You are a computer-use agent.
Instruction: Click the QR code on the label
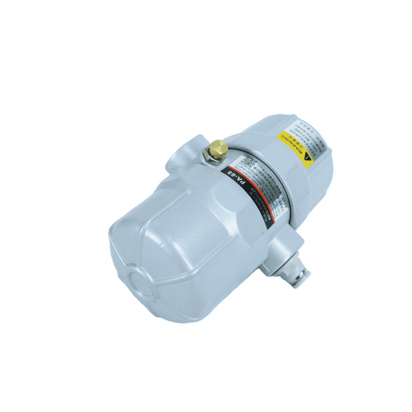pyautogui.click(x=248, y=162)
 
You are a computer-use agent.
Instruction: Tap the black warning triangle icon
pyautogui.click(x=307, y=157)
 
